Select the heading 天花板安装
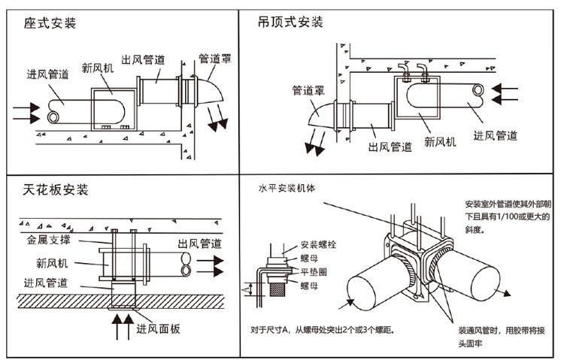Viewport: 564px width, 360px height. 56,187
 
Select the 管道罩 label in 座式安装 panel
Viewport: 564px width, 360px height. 214,57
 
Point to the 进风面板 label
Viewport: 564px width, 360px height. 159,328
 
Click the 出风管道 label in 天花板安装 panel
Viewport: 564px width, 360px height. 199,244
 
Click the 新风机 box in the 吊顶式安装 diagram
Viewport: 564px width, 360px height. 416,99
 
